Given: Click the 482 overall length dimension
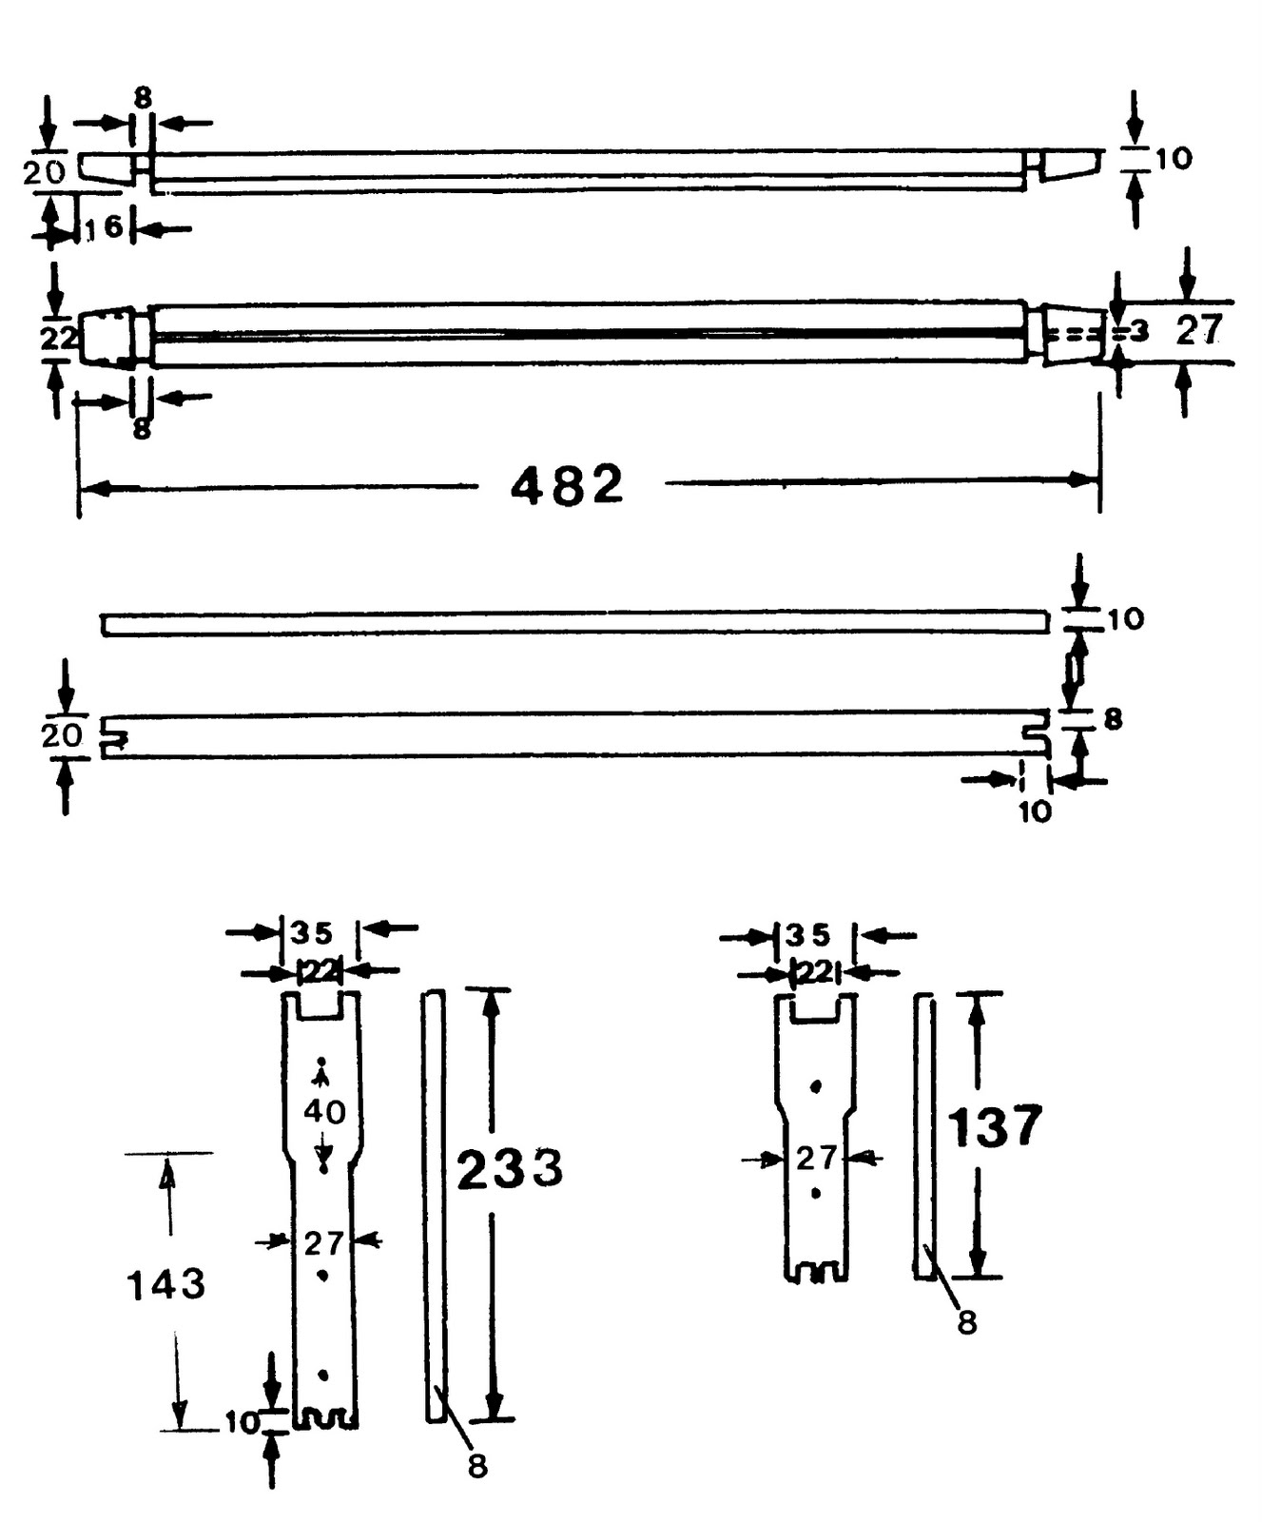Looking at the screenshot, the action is point(567,484).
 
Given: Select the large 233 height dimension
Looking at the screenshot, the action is point(511,1168).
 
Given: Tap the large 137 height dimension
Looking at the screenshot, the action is point(995,1127).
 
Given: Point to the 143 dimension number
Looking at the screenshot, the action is point(166,1284).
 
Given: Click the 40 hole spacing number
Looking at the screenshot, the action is point(324,1111).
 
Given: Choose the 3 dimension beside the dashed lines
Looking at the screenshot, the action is point(1140,331).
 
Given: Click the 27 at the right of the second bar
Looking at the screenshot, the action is point(1198,331).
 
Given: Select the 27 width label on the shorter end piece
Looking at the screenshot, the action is point(817,1158).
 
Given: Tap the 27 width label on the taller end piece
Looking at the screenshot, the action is point(324,1242).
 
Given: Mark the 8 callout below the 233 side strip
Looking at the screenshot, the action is point(477,1466).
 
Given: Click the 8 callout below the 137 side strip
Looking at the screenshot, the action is point(967,1322).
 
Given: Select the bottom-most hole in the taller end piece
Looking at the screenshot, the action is point(323,1375).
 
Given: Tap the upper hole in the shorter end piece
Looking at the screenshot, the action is point(815,1085).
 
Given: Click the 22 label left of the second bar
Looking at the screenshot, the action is point(58,338).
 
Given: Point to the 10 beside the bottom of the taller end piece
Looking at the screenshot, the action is point(242,1422).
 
